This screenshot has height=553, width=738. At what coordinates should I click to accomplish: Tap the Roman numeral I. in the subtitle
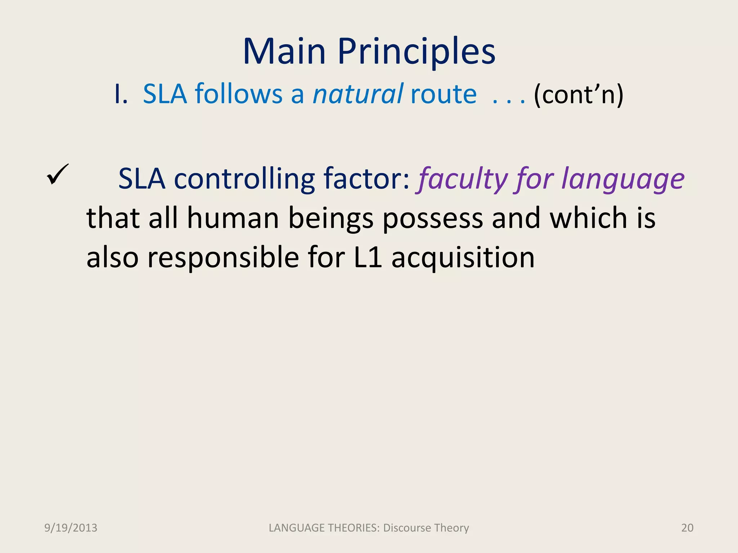click(121, 94)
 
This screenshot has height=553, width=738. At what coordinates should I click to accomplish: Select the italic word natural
click(357, 94)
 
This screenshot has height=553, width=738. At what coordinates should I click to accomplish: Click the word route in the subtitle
click(443, 94)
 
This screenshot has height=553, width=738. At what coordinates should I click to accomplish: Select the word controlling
click(244, 179)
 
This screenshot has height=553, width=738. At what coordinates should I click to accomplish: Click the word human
click(233, 218)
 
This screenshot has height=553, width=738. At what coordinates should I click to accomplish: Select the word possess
click(432, 219)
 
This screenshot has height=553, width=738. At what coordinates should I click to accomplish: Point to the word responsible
click(223, 258)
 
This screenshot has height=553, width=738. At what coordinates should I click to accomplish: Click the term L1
click(368, 258)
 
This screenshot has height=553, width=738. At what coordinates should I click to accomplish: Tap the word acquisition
click(463, 258)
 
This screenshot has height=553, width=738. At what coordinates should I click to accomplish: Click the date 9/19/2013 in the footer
click(71, 528)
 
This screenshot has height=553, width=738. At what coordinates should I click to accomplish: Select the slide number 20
click(687, 528)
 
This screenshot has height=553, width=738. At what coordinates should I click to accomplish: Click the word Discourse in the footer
click(407, 528)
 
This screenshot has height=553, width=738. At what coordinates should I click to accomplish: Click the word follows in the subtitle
click(238, 94)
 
